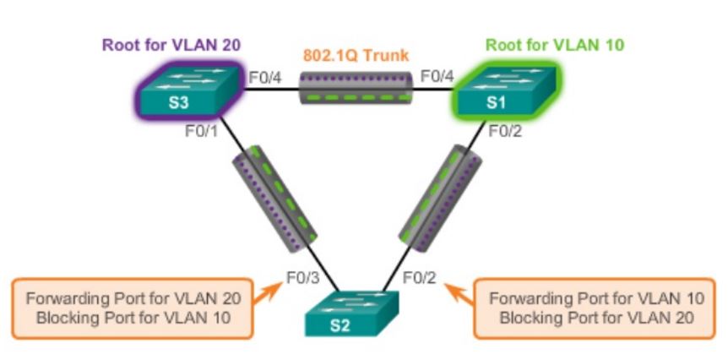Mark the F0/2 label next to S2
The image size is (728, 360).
click(x=419, y=276)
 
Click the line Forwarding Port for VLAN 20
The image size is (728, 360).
click(x=133, y=298)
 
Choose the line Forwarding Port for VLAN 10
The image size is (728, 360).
click(x=597, y=298)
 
